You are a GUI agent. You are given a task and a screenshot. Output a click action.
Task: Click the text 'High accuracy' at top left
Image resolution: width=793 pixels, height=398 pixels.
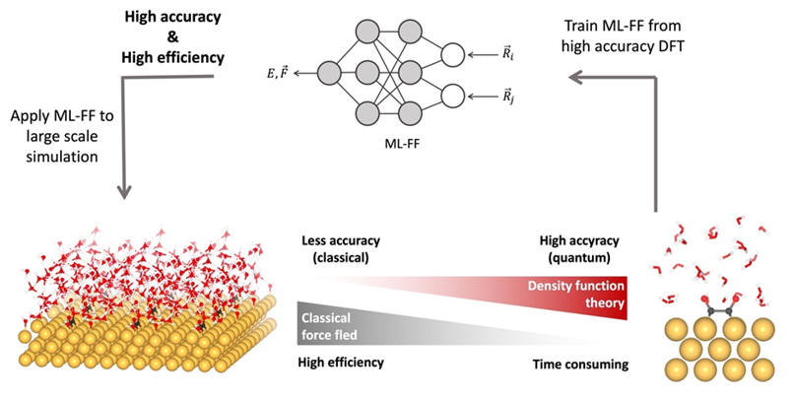[x=172, y=18]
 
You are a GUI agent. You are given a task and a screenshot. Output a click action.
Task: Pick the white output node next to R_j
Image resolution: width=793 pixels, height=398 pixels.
[x=454, y=95]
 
